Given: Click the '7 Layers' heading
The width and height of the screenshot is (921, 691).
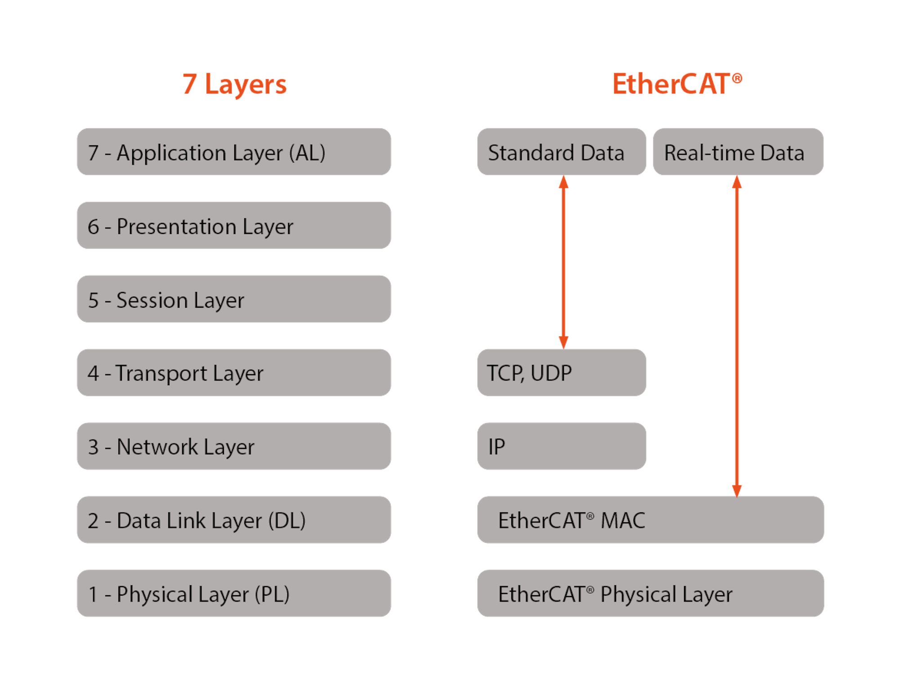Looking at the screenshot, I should tap(234, 84).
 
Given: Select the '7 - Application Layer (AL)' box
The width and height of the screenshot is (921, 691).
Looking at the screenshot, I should tap(233, 152).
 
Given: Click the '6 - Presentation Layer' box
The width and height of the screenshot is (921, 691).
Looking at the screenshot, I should tap(233, 226).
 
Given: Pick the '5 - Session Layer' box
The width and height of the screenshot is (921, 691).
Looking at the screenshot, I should tap(233, 299).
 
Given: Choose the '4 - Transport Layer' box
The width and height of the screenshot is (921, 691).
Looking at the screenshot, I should tap(233, 372).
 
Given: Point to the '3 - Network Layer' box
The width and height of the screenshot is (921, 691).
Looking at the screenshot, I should tap(233, 446).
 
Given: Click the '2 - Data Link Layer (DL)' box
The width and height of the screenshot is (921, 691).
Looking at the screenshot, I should tap(233, 520).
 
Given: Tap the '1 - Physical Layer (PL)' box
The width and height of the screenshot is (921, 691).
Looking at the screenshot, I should tap(233, 594).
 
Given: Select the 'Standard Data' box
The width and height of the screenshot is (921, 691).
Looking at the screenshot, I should tap(561, 152).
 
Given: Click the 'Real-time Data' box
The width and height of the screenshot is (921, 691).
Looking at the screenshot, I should tap(738, 152).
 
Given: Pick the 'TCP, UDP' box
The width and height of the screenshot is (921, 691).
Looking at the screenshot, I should tap(561, 372).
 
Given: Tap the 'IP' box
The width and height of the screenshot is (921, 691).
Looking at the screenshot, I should tap(561, 446).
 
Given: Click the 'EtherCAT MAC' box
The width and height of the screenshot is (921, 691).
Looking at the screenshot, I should tap(650, 520).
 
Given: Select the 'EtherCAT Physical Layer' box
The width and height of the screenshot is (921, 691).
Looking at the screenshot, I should tap(650, 594).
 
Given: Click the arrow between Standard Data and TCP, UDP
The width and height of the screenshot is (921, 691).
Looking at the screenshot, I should tap(563, 262).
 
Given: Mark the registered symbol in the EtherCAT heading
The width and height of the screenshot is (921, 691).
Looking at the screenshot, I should tap(737, 79).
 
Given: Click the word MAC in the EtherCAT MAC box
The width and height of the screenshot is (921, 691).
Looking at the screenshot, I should tap(623, 520).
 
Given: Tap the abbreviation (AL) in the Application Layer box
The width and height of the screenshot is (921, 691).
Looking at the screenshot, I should tap(307, 153).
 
